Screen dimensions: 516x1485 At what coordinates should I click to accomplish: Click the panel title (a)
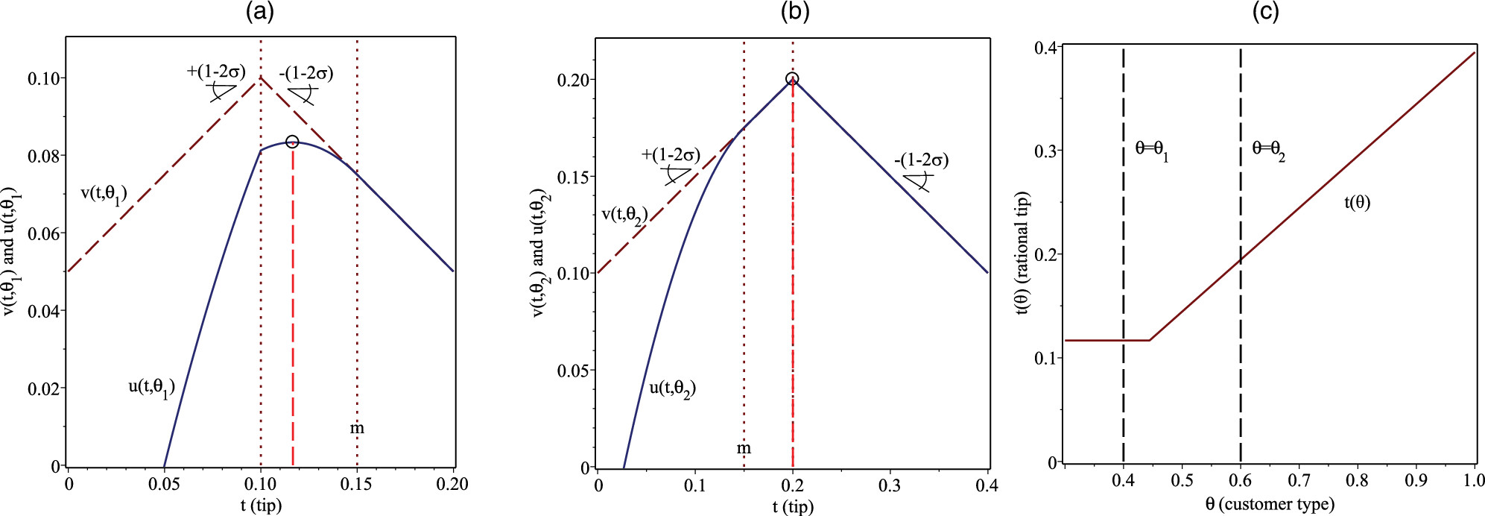260,13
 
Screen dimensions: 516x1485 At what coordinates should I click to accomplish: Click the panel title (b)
794,13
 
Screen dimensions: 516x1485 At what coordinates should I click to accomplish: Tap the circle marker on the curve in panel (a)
292,142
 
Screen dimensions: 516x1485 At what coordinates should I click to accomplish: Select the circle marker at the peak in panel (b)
792,79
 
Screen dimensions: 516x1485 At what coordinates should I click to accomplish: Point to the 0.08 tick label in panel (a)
45,156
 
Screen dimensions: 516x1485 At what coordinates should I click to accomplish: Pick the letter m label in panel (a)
357,428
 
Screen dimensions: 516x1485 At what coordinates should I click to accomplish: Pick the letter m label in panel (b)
744,448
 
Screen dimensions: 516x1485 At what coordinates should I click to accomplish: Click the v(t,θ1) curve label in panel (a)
104,194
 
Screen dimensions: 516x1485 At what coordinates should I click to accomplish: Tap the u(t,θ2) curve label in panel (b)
672,389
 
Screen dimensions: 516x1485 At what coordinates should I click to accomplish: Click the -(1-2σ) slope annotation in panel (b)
922,160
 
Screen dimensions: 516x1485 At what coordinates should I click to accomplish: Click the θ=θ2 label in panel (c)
1268,150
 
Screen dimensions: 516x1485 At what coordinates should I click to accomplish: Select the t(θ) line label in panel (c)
1357,202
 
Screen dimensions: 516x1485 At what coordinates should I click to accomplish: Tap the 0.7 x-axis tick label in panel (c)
1299,480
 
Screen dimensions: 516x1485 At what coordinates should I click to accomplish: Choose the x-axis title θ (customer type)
1270,505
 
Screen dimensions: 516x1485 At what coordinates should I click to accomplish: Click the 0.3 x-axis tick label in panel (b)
890,485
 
